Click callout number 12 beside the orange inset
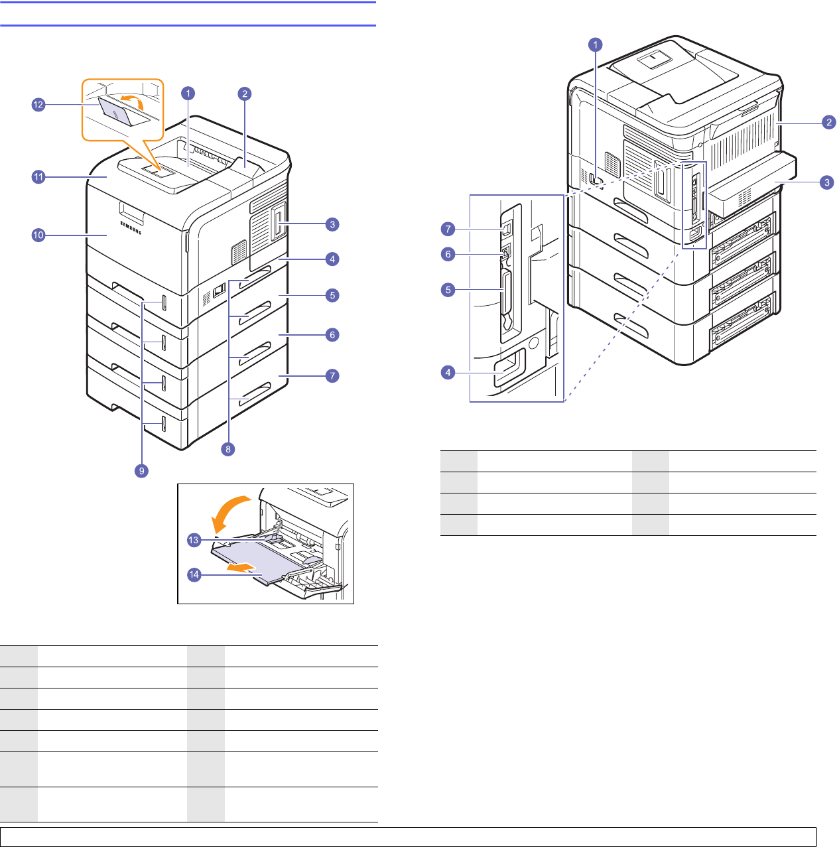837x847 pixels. [x=38, y=105]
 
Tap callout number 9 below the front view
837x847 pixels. [x=141, y=471]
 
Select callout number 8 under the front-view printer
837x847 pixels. [x=228, y=449]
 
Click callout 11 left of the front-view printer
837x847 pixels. [x=38, y=177]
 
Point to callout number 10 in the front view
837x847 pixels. [x=38, y=235]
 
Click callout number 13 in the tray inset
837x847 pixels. [x=194, y=540]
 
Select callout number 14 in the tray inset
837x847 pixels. [x=194, y=574]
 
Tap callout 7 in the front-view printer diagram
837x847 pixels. [x=332, y=375]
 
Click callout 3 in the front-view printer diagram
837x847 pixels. [x=332, y=224]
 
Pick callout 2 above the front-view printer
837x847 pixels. [x=245, y=94]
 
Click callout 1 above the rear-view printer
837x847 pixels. [x=596, y=44]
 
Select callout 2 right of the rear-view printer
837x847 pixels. [x=828, y=121]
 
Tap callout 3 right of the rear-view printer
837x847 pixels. [x=826, y=182]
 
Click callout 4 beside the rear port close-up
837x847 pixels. [x=448, y=372]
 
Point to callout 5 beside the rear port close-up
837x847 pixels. [x=448, y=290]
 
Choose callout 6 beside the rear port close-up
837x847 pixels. [x=448, y=254]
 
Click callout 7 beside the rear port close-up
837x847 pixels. [x=448, y=229]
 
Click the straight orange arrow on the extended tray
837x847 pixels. [x=240, y=567]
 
